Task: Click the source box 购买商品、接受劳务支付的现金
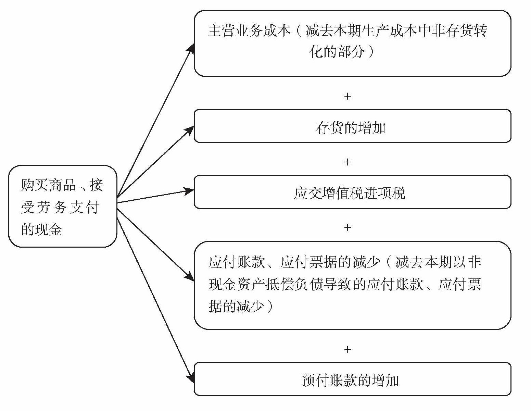[x=63, y=206]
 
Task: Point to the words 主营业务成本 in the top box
[x=249, y=31]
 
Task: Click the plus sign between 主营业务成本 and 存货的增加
[x=347, y=96]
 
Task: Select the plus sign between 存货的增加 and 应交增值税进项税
[x=347, y=162]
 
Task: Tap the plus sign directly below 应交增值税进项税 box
[x=347, y=227]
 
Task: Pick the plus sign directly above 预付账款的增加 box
[x=347, y=349]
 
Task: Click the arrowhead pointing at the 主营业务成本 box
[x=191, y=48]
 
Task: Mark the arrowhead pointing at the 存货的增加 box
[x=190, y=130]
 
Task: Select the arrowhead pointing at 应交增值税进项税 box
[x=189, y=190]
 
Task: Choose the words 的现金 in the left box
[x=42, y=229]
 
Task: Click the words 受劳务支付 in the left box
[x=60, y=207]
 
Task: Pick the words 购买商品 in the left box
[x=48, y=185]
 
